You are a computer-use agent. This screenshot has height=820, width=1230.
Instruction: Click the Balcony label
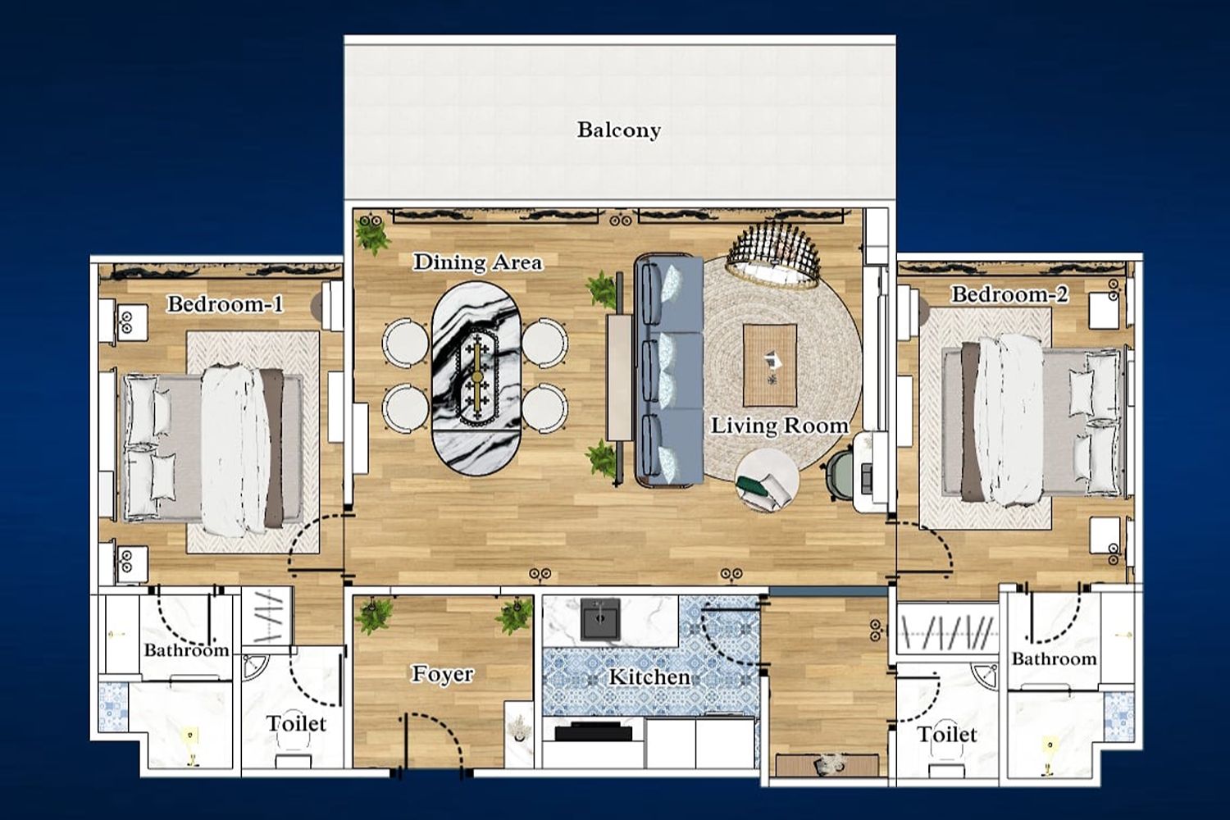[619, 130]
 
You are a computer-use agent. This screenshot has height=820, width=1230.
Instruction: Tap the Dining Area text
[478, 262]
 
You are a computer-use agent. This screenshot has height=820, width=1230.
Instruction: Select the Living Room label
[780, 426]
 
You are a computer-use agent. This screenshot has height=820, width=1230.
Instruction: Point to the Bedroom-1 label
[225, 303]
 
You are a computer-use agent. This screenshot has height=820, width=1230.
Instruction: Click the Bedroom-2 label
[1009, 294]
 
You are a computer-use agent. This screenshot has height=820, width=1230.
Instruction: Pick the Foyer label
[443, 674]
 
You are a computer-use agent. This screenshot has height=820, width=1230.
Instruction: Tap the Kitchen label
[649, 677]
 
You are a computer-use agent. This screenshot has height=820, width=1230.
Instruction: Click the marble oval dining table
[476, 379]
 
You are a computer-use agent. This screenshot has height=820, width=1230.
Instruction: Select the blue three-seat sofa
[669, 371]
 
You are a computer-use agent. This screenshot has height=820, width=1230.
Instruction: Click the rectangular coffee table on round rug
[770, 365]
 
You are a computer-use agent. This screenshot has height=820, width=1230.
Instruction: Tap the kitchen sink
[600, 620]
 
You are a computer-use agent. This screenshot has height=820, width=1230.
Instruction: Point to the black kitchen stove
[593, 731]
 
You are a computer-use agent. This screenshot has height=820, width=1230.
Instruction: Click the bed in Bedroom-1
[212, 449]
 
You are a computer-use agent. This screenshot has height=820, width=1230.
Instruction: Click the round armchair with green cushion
[767, 480]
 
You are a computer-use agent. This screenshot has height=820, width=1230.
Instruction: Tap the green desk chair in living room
[839, 476]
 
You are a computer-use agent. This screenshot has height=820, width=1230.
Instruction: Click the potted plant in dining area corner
[372, 234]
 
